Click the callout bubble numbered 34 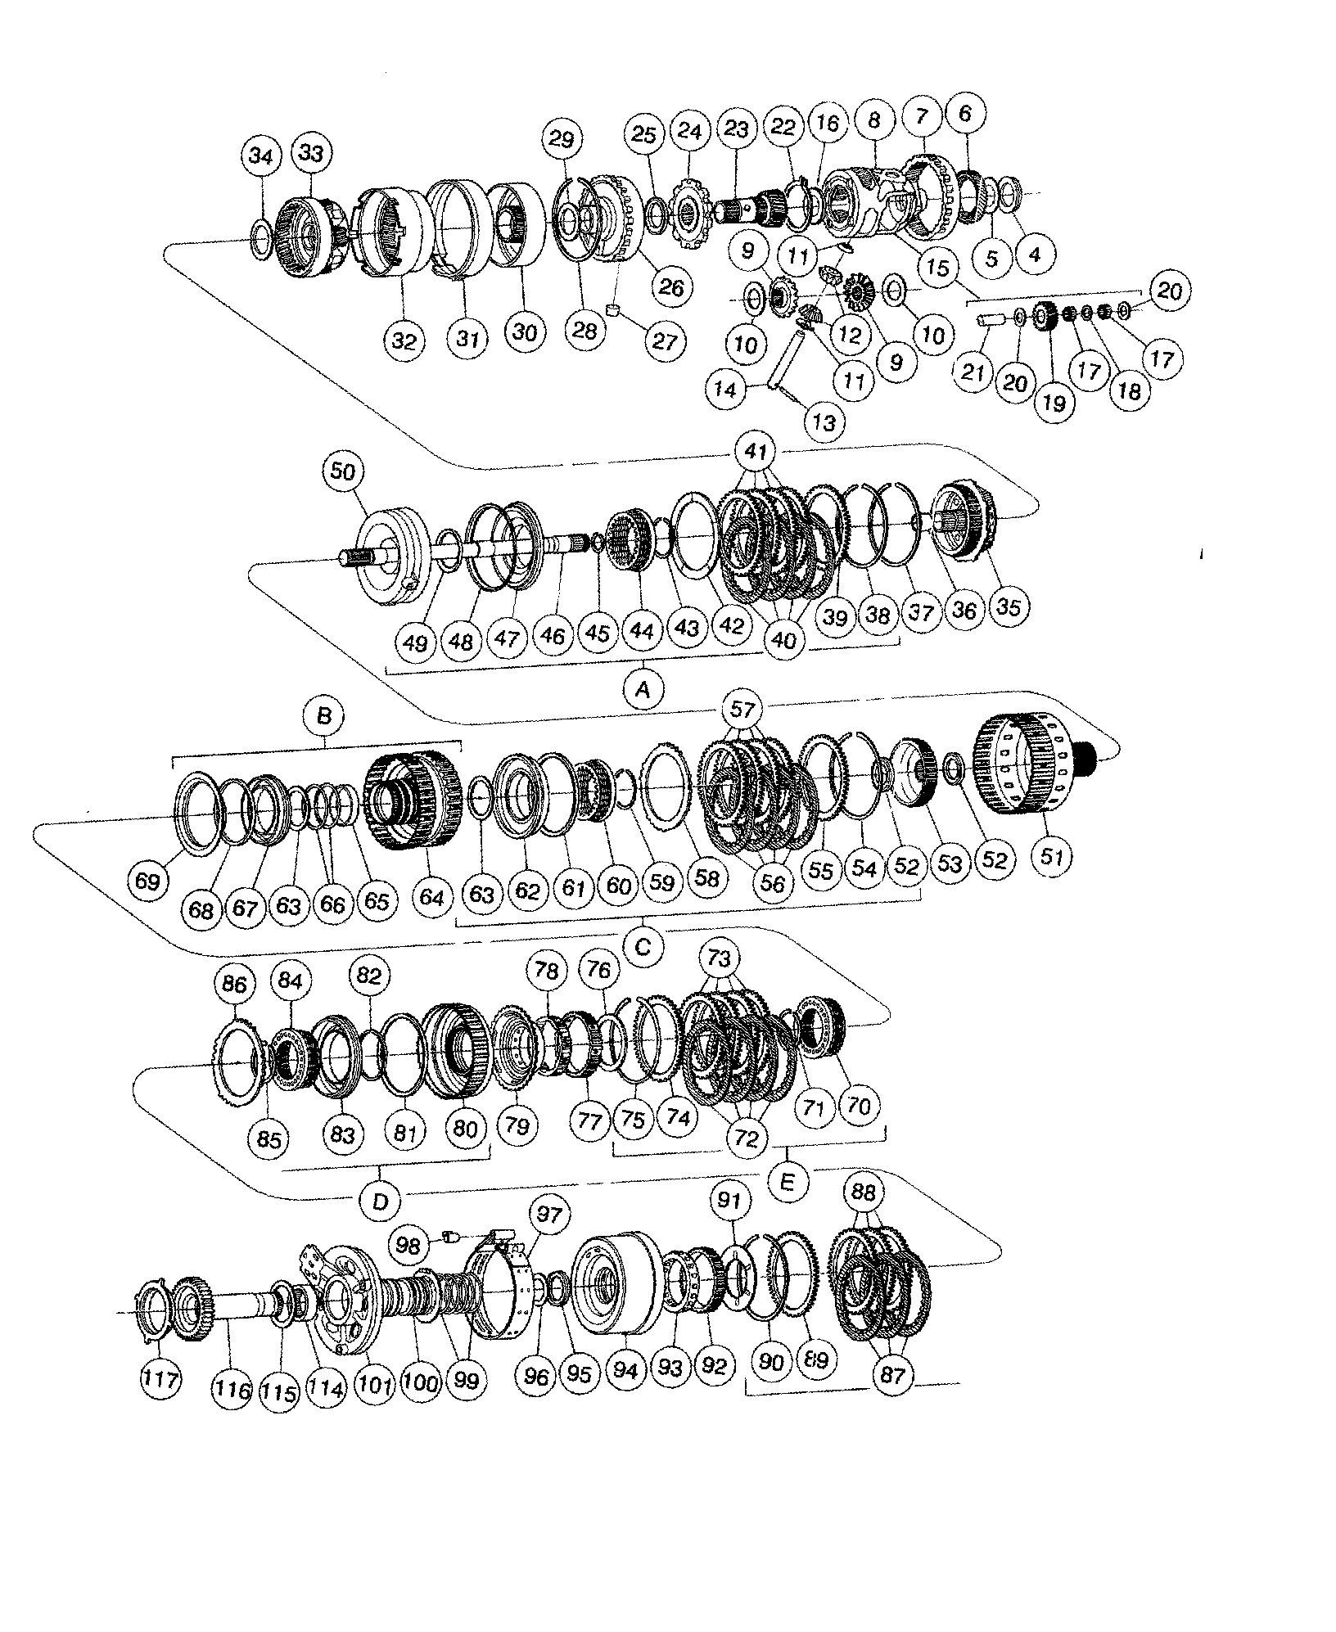[260, 156]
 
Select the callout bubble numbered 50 [345, 471]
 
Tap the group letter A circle [643, 690]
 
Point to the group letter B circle [323, 717]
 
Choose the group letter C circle [643, 947]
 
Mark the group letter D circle [381, 1201]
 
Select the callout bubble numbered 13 [824, 422]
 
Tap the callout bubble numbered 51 [1052, 857]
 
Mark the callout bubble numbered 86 [234, 983]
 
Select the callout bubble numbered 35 [1008, 606]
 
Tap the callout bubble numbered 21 [972, 372]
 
